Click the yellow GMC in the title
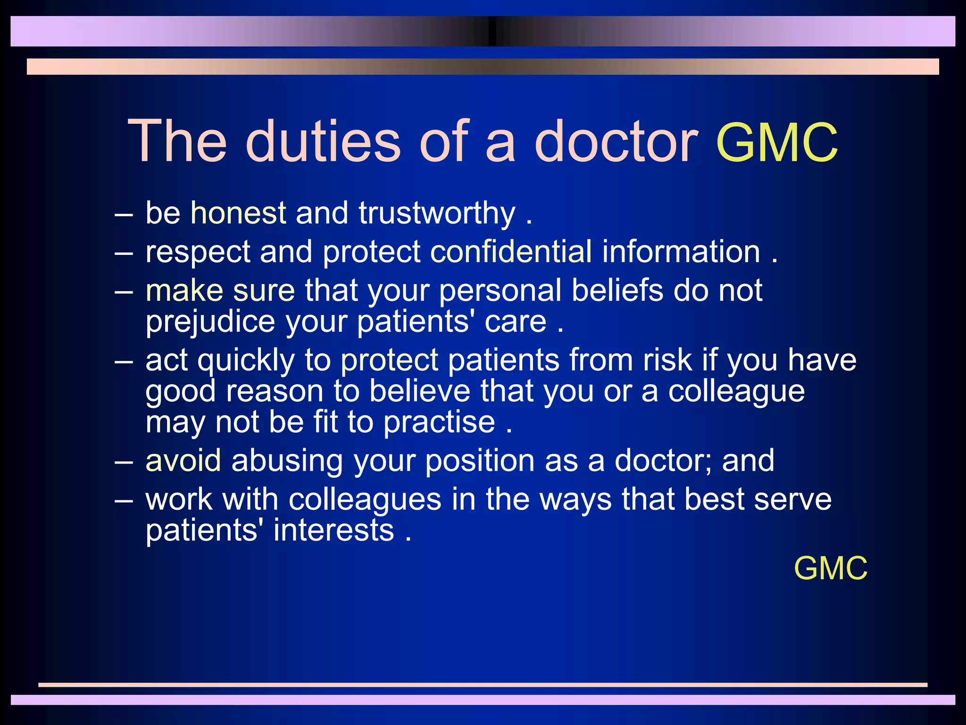click(777, 142)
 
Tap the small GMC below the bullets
click(831, 568)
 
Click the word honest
click(238, 213)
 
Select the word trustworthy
click(437, 214)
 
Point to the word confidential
click(511, 251)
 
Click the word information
click(681, 251)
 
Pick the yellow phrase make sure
click(220, 290)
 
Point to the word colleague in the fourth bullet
click(736, 392)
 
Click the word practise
click(439, 422)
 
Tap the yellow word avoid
click(183, 460)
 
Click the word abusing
click(287, 461)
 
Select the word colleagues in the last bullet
click(365, 500)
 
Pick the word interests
click(333, 530)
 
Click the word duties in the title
click(323, 141)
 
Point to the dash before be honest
click(124, 214)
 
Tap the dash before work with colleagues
click(124, 500)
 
